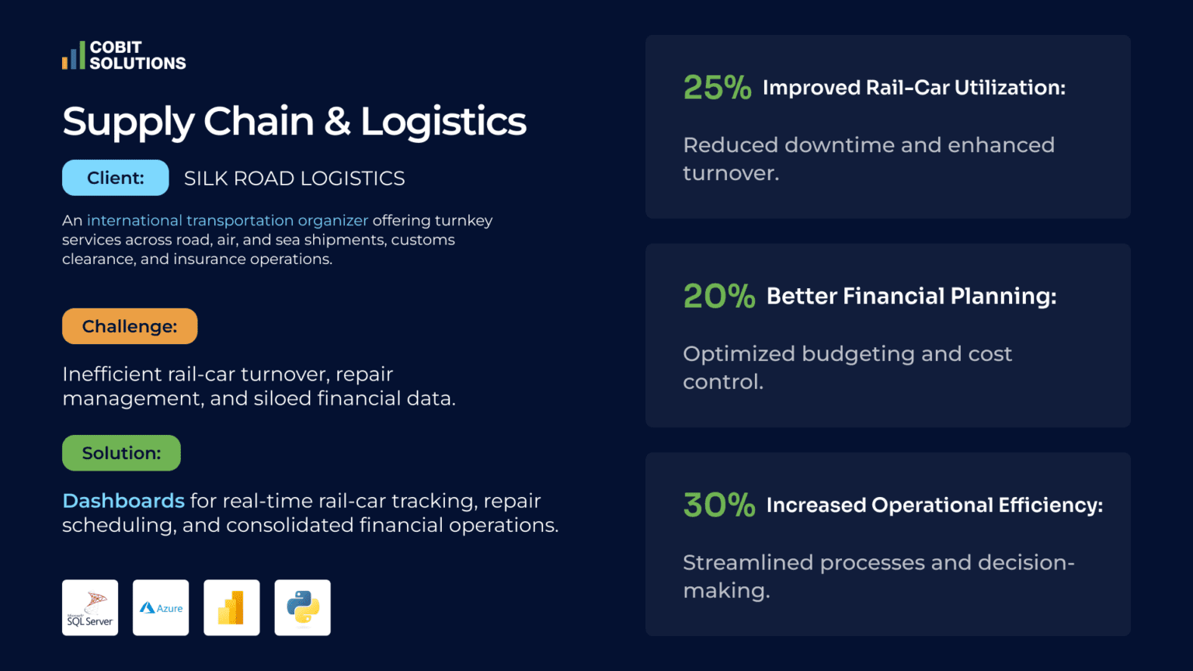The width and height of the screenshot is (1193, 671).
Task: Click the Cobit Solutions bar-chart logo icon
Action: point(74,56)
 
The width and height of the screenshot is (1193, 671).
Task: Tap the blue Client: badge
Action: point(115,178)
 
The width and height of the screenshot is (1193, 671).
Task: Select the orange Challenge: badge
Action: point(130,326)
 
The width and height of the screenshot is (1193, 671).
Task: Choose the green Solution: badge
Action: point(121,453)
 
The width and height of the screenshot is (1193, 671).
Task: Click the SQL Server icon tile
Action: point(90,607)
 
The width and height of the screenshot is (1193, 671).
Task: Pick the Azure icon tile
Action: point(161,607)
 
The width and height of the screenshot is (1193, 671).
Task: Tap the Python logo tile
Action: point(302,607)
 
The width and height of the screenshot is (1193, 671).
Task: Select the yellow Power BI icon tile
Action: point(231,607)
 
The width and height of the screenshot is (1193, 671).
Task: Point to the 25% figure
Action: point(717,88)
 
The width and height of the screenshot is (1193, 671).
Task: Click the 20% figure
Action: point(718,296)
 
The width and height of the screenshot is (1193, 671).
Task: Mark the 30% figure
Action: point(718,505)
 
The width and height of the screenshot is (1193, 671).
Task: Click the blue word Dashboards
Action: point(123,501)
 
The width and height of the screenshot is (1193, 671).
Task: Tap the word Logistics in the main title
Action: point(443,122)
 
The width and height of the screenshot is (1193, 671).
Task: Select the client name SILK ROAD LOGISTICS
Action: point(294,179)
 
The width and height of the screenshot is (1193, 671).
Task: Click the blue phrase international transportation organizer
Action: point(228,221)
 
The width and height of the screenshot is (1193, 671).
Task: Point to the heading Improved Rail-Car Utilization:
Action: point(913,88)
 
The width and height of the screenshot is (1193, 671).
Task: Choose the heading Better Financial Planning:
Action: point(911,296)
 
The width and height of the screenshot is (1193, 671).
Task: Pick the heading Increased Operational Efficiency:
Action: point(934,505)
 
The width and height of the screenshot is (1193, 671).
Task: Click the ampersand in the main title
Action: point(337,122)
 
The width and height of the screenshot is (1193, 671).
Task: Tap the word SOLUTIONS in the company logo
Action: point(137,64)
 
